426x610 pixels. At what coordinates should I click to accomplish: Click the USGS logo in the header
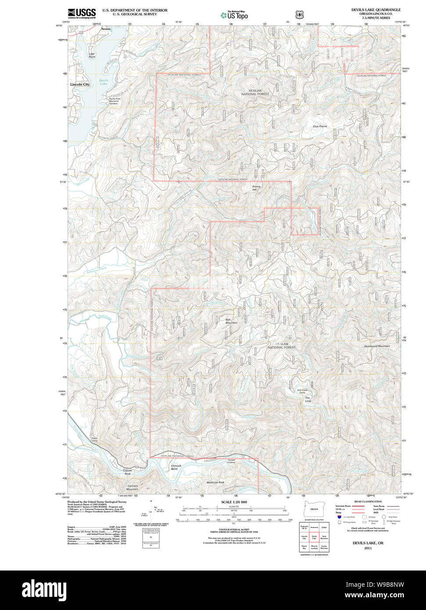(x=82, y=13)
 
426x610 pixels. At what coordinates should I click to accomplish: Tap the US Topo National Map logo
(x=234, y=15)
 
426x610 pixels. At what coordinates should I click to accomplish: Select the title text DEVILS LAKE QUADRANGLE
(x=375, y=10)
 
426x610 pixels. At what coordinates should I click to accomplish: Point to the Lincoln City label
(x=79, y=84)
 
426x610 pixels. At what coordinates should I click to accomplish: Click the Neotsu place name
(x=106, y=29)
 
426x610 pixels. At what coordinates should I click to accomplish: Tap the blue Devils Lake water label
(x=103, y=82)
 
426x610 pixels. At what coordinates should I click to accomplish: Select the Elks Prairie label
(x=320, y=126)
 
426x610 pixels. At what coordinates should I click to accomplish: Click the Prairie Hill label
(x=256, y=188)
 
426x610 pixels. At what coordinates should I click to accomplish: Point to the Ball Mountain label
(x=231, y=321)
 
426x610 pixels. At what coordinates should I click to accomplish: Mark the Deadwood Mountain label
(x=377, y=346)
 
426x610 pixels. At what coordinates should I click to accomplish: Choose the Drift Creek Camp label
(x=302, y=391)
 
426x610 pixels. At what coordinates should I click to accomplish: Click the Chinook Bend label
(x=176, y=467)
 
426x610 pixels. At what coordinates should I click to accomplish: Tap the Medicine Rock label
(x=215, y=483)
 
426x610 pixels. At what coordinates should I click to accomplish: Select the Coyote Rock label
(x=127, y=472)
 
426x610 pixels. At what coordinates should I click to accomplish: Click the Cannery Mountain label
(x=133, y=488)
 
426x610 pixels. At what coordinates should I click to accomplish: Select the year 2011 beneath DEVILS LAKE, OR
(x=368, y=548)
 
